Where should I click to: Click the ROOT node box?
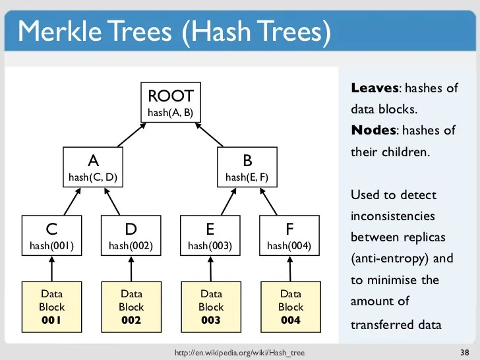click(171, 102)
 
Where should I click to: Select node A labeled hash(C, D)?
click(92, 168)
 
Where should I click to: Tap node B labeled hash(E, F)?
click(247, 168)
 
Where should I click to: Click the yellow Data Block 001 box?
click(51, 307)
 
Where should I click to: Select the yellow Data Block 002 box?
click(131, 307)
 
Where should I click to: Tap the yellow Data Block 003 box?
click(211, 307)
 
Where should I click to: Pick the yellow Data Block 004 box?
click(290, 307)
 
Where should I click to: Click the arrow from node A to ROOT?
click(130, 135)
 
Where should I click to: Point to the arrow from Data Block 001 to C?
click(51, 269)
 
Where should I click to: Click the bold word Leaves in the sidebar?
click(375, 88)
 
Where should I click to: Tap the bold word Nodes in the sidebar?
click(374, 130)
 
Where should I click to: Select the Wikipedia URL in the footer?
click(239, 353)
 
